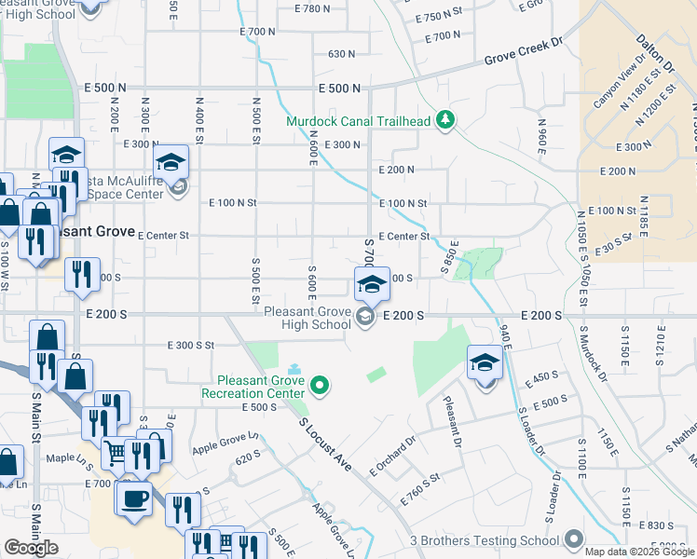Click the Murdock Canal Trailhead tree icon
(446, 119)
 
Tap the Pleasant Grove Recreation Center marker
(321, 384)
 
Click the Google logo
(31, 548)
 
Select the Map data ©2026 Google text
(640, 552)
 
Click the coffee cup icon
(134, 497)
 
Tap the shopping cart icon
(116, 453)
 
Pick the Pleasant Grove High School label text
(304, 318)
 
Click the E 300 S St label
(191, 345)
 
